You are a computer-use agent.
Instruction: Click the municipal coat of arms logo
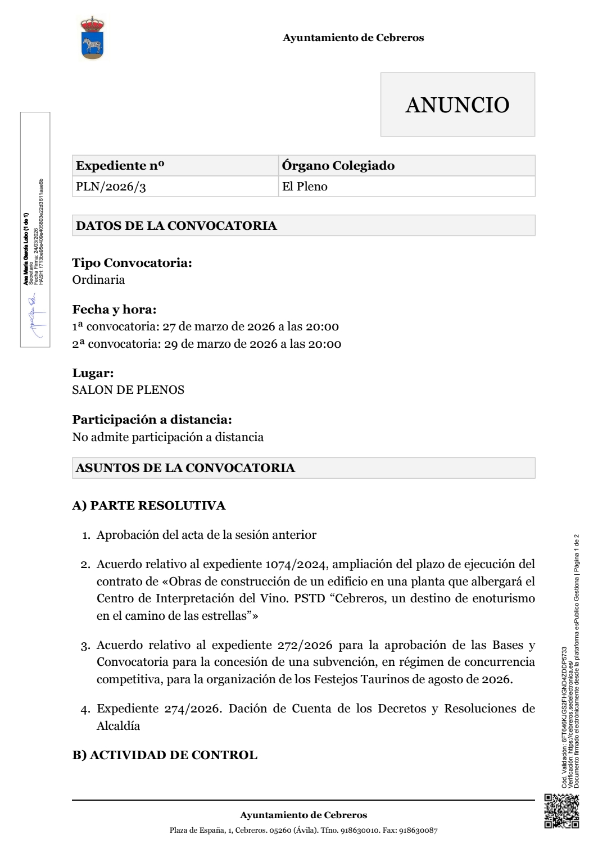click(93, 38)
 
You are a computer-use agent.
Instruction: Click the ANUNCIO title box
click(457, 105)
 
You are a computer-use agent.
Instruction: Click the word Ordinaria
click(98, 280)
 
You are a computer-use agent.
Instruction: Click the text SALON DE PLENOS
click(128, 390)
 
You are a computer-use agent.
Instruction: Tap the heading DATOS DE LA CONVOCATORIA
click(176, 226)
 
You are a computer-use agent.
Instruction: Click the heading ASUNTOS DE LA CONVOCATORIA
click(185, 468)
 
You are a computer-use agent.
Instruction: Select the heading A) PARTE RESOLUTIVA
click(149, 506)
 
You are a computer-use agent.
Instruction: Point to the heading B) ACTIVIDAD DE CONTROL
click(165, 755)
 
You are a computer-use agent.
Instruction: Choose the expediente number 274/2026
click(191, 709)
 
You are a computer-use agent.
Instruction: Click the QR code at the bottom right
click(561, 811)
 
